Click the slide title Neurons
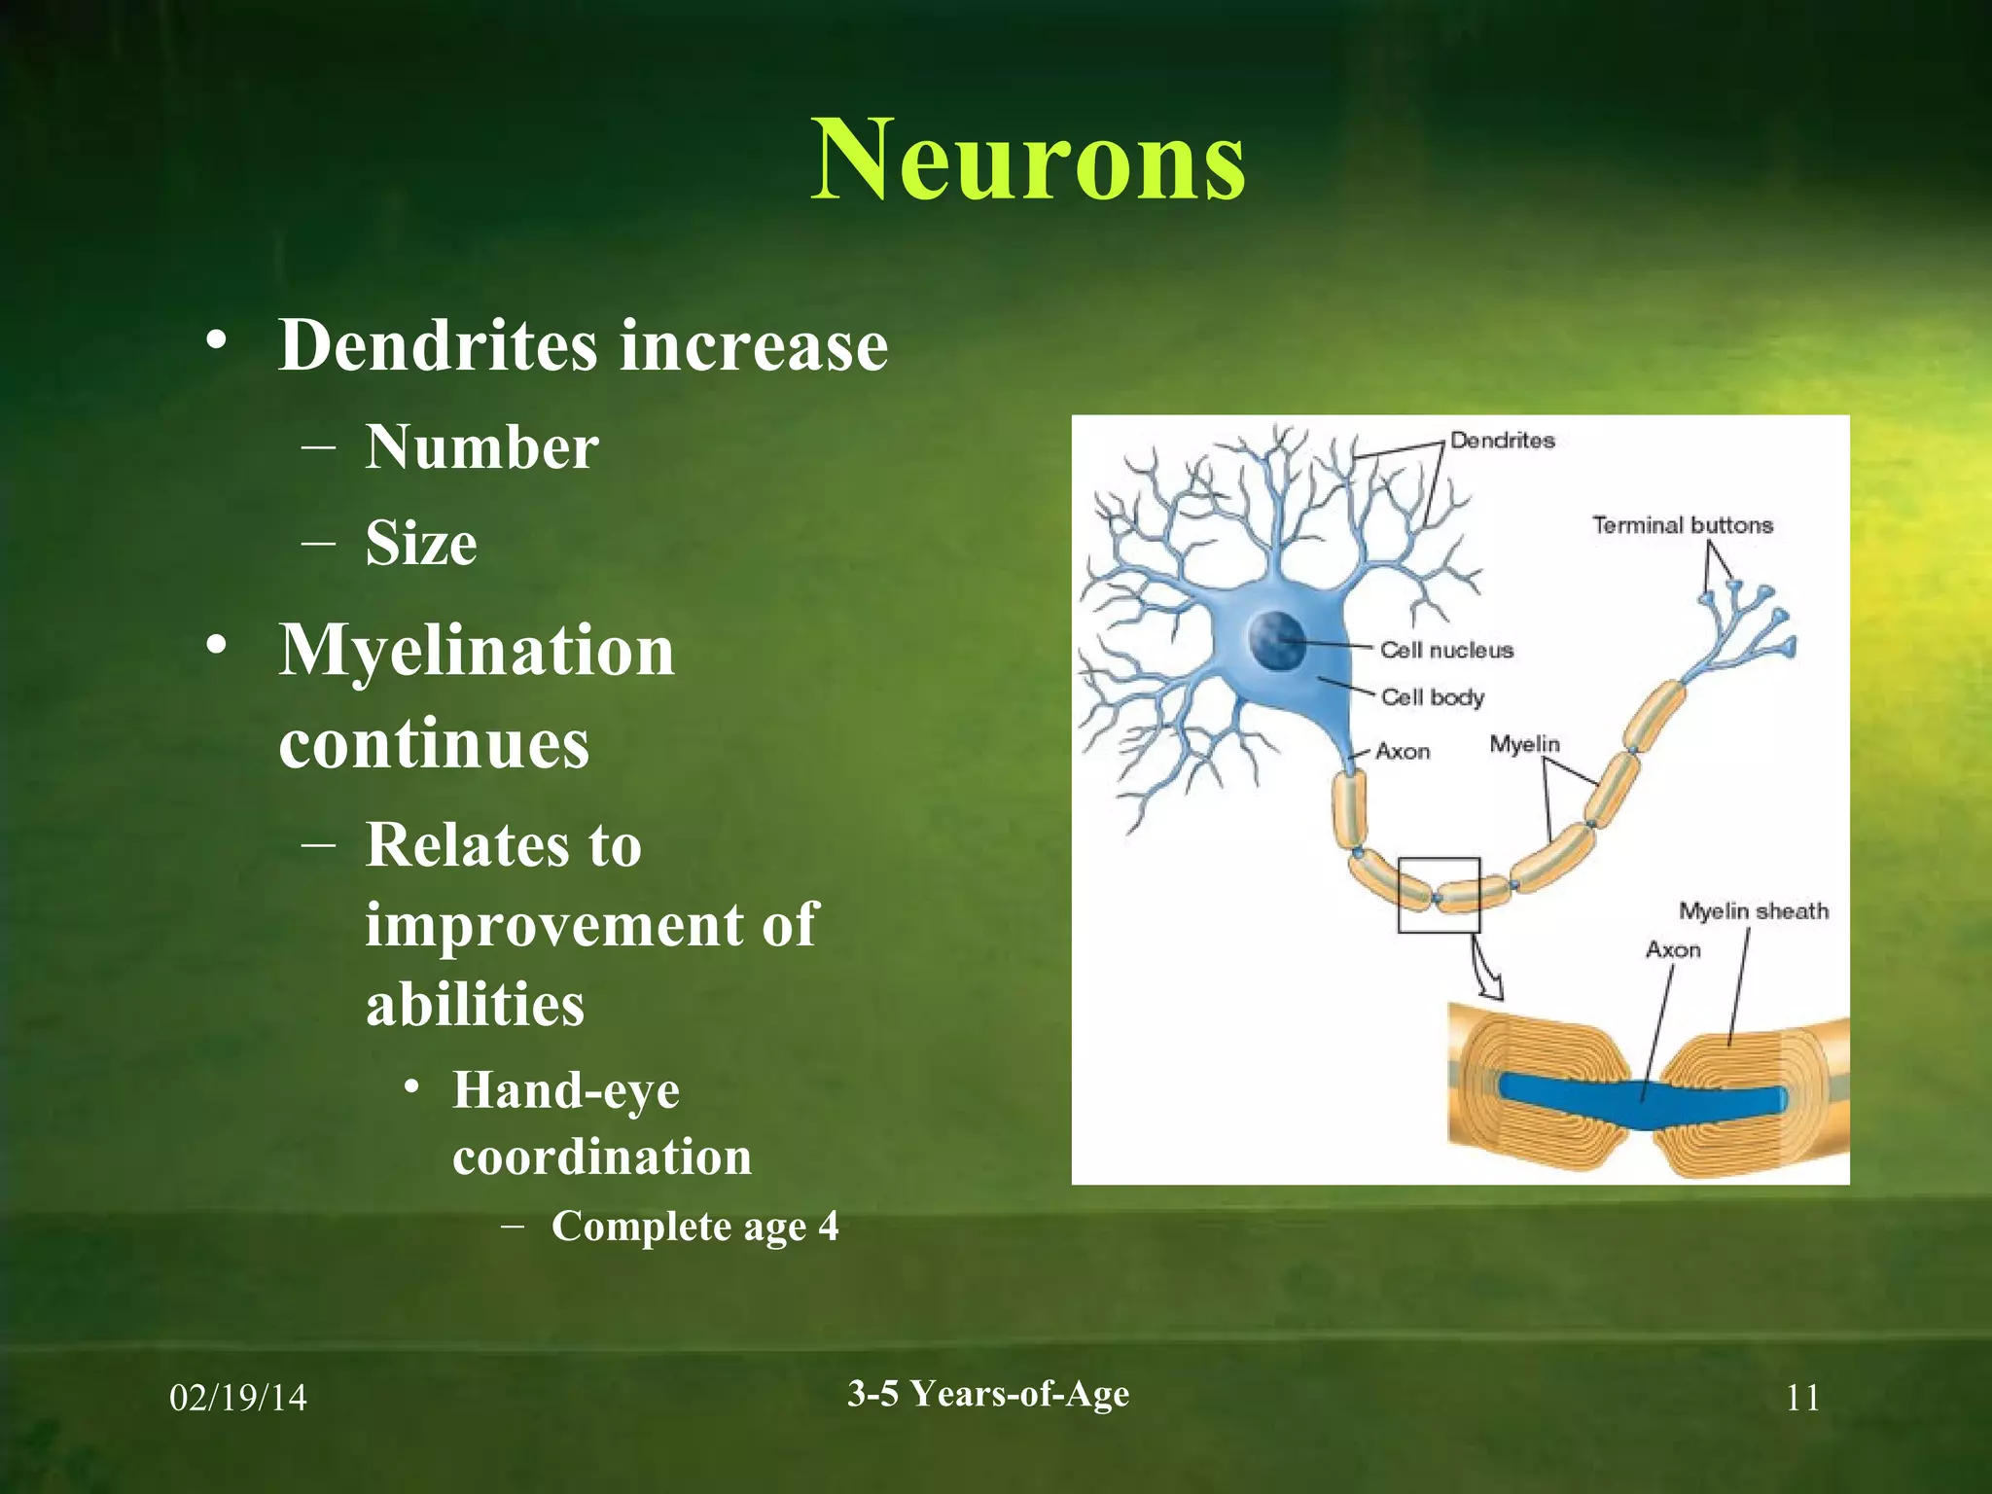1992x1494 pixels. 1028,160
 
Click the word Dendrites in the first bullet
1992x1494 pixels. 437,345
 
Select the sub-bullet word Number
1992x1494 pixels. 481,448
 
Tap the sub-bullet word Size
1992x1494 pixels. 421,543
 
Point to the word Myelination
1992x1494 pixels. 477,651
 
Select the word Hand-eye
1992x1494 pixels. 565,1090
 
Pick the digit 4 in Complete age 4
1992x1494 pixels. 828,1227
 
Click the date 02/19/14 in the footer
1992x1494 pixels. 238,1399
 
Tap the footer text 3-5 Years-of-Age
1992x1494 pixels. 988,1394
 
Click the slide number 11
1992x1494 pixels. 1802,1399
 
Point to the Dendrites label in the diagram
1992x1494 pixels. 1502,441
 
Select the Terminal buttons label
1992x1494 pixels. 1682,525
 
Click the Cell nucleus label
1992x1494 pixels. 1446,650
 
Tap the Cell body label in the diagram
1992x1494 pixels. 1432,696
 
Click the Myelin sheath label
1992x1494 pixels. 1753,911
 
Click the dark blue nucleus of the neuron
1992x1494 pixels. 1275,639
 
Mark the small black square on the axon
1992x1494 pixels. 1439,895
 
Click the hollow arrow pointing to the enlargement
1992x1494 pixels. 1486,973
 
